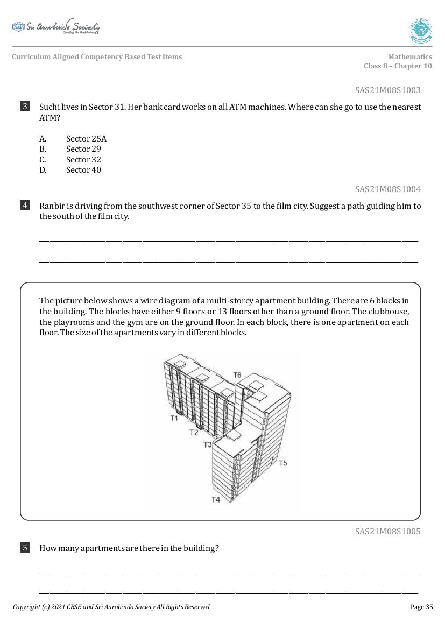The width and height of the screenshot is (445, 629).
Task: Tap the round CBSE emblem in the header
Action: click(x=421, y=31)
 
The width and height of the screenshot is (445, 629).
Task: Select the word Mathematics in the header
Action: click(x=409, y=56)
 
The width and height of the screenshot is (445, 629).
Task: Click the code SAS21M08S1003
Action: click(x=387, y=90)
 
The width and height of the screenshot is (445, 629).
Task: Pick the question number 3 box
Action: click(x=25, y=107)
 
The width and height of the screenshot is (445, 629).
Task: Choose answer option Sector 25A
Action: click(x=86, y=138)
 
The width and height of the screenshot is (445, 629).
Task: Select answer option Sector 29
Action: click(x=83, y=149)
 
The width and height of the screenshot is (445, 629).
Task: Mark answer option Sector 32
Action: click(x=83, y=160)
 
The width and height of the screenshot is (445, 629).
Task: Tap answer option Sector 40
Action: click(x=83, y=170)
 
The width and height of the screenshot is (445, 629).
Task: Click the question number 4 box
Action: click(x=25, y=206)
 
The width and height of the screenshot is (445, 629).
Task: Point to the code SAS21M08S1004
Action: click(x=387, y=189)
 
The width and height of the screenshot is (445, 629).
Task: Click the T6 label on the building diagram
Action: click(x=237, y=375)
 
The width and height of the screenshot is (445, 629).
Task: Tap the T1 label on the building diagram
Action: click(x=174, y=418)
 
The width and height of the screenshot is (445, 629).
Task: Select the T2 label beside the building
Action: click(x=194, y=432)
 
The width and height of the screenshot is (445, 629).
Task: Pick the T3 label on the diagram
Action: click(x=208, y=444)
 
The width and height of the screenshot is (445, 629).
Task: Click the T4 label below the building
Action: click(x=215, y=499)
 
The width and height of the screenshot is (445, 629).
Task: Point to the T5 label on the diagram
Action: click(x=283, y=463)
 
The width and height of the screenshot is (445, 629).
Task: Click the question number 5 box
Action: click(x=25, y=548)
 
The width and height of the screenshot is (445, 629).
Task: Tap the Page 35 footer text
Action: click(x=421, y=607)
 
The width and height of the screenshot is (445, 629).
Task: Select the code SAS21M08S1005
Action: click(x=387, y=531)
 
